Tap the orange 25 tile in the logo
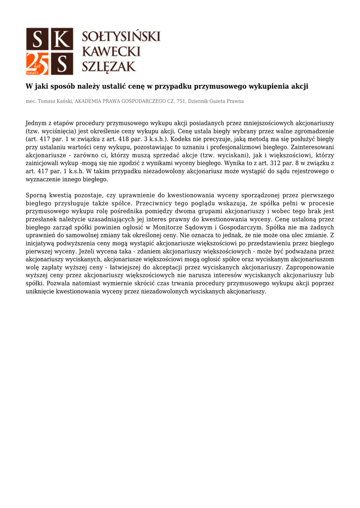click(37, 63)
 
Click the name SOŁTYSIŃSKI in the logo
click(121, 36)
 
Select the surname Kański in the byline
click(63, 101)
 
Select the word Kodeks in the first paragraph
click(177, 139)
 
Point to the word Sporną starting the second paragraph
click(36, 195)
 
